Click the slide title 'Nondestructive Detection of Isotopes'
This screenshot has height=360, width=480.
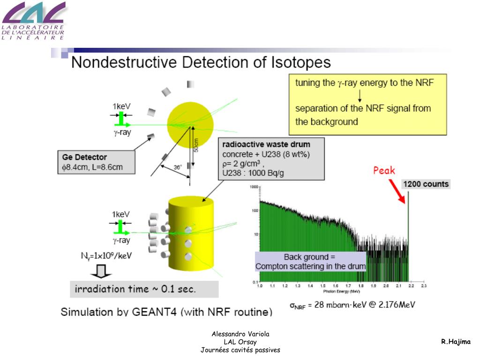(201, 62)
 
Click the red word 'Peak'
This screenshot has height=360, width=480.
(384, 171)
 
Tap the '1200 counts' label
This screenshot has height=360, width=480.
(426, 184)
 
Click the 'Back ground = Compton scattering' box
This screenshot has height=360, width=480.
(310, 262)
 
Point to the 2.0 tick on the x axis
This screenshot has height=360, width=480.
(385, 285)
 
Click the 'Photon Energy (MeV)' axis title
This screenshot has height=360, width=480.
(341, 291)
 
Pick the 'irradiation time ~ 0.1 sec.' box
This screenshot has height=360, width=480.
(144, 289)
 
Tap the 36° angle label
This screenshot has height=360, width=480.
(177, 167)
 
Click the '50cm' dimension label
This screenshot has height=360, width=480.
(196, 145)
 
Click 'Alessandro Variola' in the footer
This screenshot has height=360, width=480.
(240, 334)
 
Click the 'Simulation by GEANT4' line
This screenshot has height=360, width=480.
(166, 312)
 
